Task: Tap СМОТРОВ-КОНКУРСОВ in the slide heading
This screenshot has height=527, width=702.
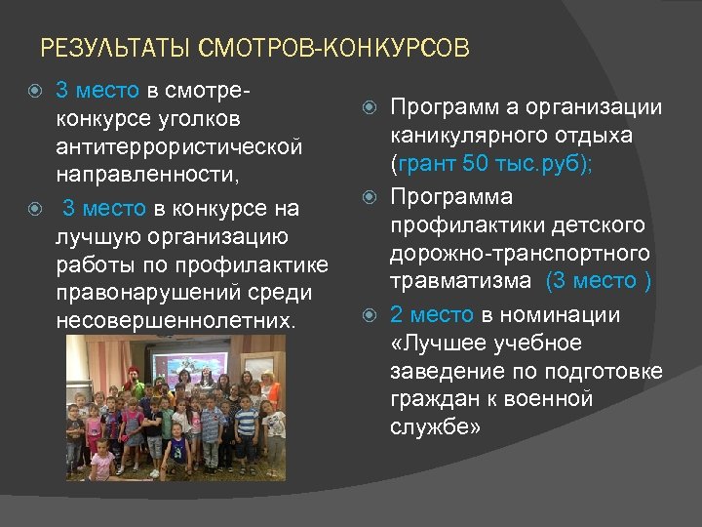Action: coord(333,47)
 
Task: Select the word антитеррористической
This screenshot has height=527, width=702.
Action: coord(179,146)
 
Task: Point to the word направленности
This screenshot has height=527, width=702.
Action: coord(142,175)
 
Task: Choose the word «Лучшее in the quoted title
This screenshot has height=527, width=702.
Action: coord(433,344)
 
